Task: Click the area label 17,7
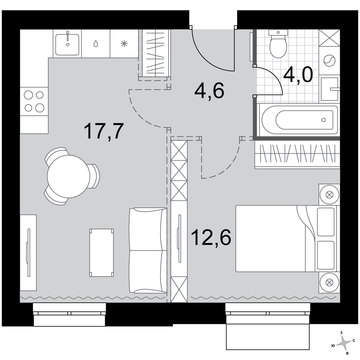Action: [x=104, y=131]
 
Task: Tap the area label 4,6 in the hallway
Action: [x=209, y=91]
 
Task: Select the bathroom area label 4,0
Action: [x=298, y=75]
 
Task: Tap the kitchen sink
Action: [x=67, y=44]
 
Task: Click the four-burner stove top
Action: [x=34, y=101]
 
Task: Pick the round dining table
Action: [x=68, y=176]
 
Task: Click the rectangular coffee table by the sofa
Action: [x=102, y=253]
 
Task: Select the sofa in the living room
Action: [x=148, y=251]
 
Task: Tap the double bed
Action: [x=286, y=239]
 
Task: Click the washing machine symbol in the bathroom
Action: [x=329, y=60]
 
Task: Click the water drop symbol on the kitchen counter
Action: [x=96, y=44]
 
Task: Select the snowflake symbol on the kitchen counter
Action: [x=124, y=44]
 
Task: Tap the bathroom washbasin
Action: [x=330, y=89]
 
